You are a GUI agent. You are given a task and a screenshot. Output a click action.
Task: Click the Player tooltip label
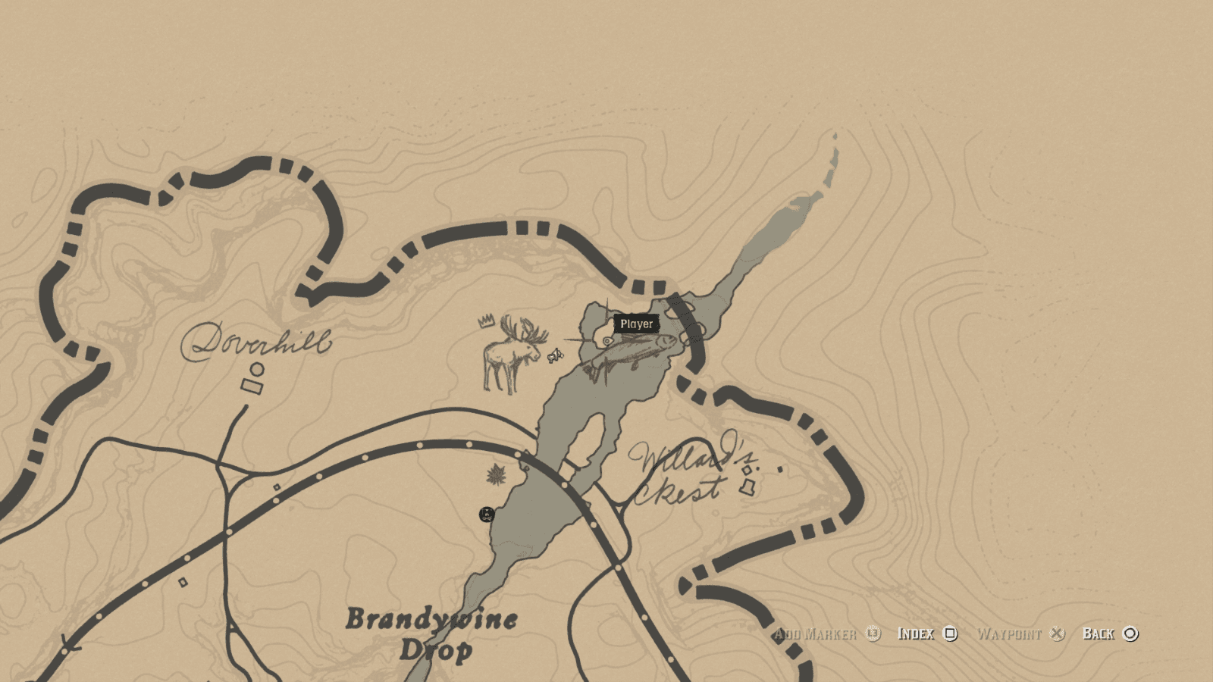click(x=636, y=324)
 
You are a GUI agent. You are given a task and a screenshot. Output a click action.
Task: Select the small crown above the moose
click(x=486, y=321)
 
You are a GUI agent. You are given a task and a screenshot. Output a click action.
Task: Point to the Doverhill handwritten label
click(x=255, y=342)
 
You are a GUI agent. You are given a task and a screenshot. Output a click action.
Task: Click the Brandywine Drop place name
click(x=432, y=634)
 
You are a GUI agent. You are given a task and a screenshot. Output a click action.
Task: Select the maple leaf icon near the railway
click(x=497, y=475)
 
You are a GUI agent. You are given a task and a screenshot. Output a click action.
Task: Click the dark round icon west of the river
click(x=487, y=515)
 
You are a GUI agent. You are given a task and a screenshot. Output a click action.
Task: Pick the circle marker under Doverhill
click(x=257, y=369)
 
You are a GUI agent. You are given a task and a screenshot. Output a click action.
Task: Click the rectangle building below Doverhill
click(x=252, y=386)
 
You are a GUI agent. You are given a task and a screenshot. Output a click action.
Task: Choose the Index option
click(x=916, y=634)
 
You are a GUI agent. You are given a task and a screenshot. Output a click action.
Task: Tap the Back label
click(x=1098, y=634)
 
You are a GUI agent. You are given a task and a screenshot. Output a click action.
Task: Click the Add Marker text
click(x=815, y=634)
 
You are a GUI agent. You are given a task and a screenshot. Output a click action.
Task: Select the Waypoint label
click(x=1009, y=634)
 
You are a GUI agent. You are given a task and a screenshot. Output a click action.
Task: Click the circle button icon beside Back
click(x=1130, y=634)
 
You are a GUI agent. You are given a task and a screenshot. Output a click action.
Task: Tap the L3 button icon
click(x=873, y=634)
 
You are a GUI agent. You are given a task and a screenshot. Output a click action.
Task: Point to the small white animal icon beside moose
click(x=556, y=355)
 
